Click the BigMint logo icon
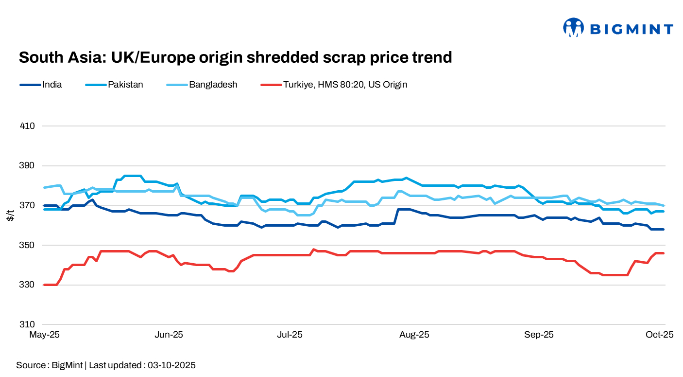click(573, 28)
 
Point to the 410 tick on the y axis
click(28, 126)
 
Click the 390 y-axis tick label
click(28, 166)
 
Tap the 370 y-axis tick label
click(28, 206)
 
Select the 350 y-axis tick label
click(28, 245)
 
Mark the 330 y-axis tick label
click(28, 285)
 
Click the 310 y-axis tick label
click(28, 324)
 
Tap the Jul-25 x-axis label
click(290, 335)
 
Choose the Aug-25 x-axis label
click(414, 335)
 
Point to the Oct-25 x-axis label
click(659, 335)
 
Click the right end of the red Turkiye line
click(664, 253)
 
